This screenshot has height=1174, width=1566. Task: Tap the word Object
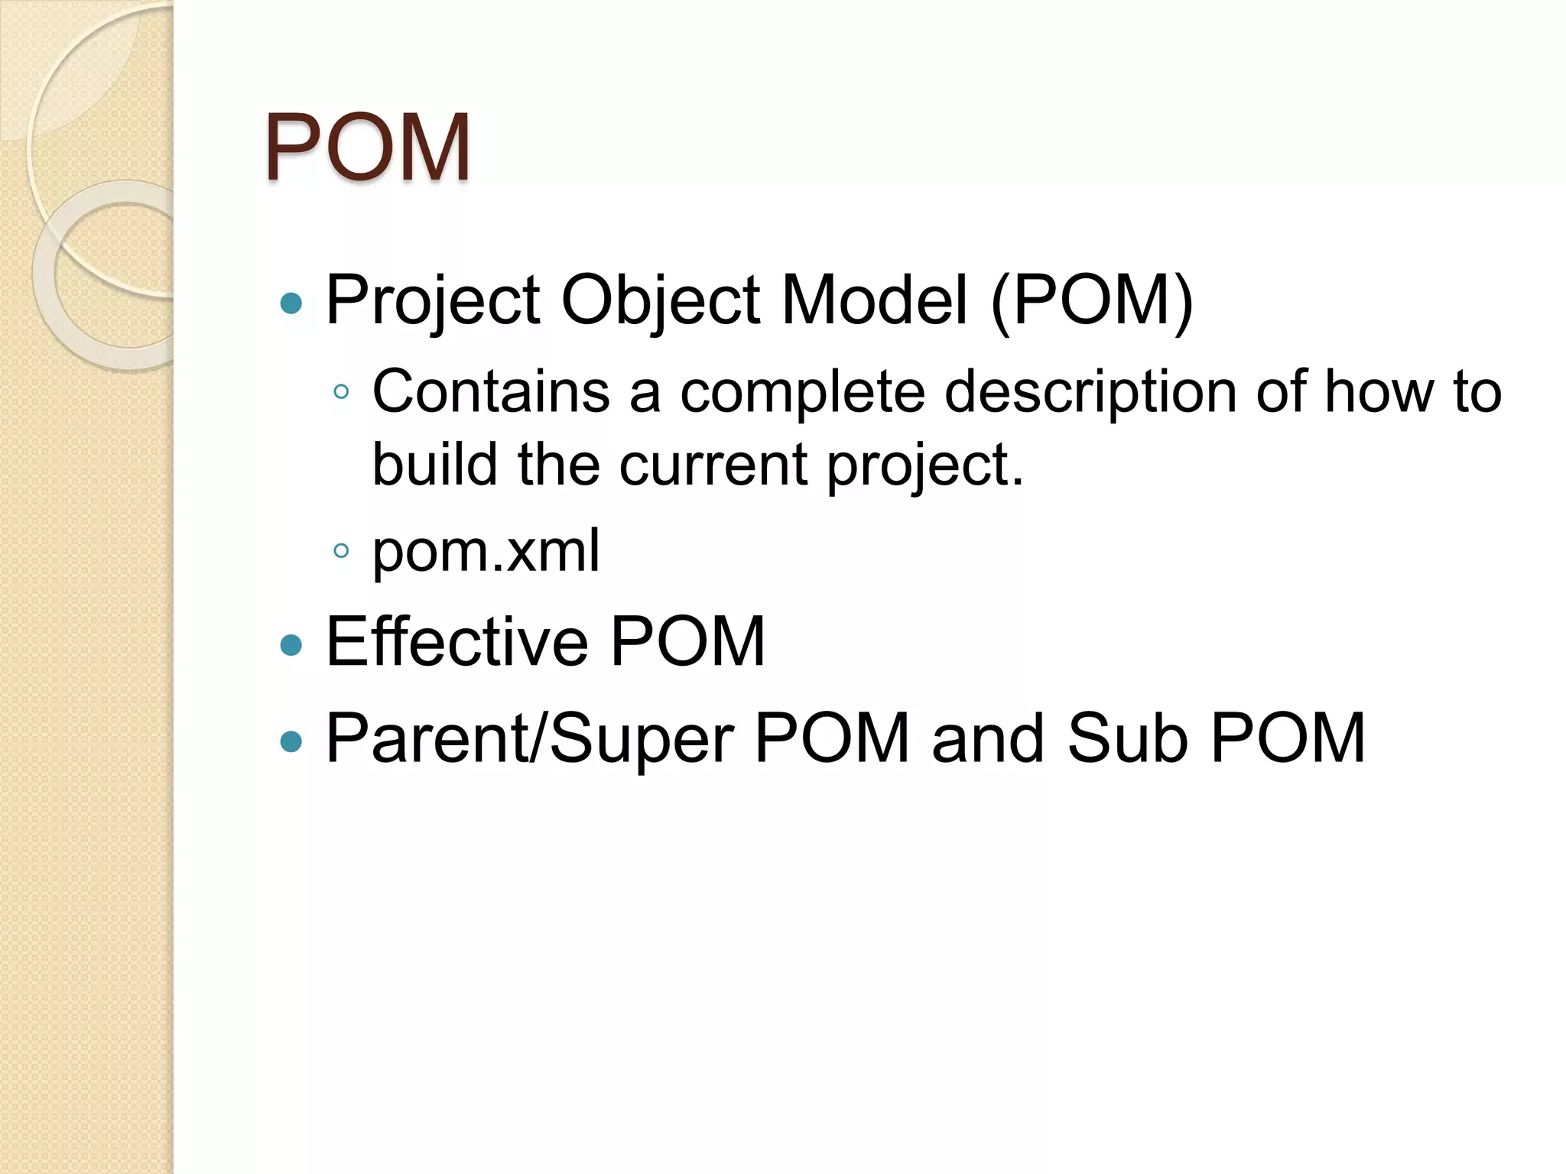[x=661, y=300]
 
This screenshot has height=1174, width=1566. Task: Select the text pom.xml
[x=486, y=550]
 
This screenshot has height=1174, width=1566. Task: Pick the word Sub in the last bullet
[x=1128, y=738]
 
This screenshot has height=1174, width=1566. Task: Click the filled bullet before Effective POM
[x=291, y=645]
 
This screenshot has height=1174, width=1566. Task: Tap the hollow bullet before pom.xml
[x=342, y=550]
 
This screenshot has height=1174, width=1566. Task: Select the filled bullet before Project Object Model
[x=291, y=303]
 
